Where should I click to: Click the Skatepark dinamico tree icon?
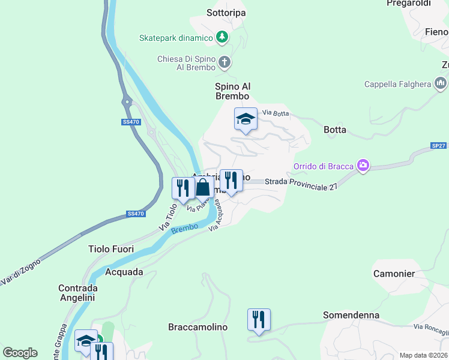point(222,37)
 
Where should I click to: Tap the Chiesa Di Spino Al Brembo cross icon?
point(224,62)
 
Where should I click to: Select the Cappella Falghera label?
point(397,84)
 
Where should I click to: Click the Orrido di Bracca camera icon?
point(363,166)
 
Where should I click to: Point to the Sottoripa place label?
point(226,12)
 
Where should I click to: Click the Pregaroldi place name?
point(409,4)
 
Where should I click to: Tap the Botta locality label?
point(334,130)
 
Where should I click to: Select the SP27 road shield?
point(438,146)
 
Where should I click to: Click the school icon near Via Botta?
point(246,119)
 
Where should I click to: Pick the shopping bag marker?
point(203,187)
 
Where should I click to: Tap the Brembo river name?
point(184,229)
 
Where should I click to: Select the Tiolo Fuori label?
point(111,248)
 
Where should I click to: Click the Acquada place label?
point(124,272)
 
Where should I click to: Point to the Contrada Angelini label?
point(78,292)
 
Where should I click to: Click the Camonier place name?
point(394,274)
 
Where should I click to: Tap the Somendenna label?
point(351,315)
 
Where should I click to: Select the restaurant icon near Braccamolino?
point(259,319)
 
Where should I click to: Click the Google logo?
point(20,353)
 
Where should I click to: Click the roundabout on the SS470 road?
point(127,103)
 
